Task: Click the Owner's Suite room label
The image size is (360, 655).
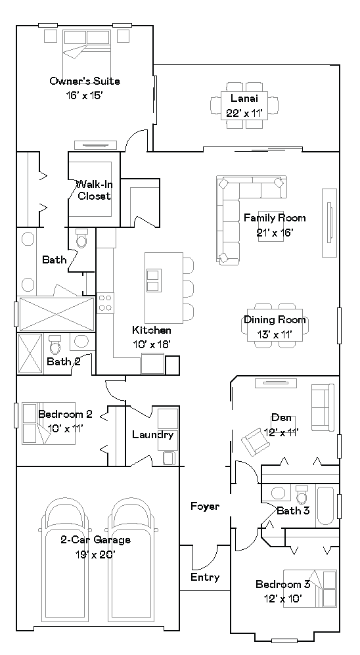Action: [85, 81]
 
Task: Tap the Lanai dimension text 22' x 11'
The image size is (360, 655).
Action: [244, 113]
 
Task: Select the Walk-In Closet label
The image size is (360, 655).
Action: [95, 190]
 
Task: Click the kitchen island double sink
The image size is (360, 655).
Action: [154, 281]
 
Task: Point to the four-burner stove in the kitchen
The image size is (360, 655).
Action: [105, 303]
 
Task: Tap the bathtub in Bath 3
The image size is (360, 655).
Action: [325, 505]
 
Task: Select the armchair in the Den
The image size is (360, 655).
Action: [255, 441]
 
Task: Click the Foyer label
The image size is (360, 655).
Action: [205, 507]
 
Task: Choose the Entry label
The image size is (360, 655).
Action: [205, 577]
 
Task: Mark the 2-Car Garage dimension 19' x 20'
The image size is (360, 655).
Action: [95, 554]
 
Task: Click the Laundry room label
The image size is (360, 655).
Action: [153, 435]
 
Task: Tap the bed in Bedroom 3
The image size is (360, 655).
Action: [310, 589]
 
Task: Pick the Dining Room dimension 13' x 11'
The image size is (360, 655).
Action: [275, 334]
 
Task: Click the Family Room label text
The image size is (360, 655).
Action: [275, 217]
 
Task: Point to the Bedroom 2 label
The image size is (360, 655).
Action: [65, 415]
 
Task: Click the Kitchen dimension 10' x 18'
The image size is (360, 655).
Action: [152, 344]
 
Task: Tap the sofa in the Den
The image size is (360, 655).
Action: [323, 408]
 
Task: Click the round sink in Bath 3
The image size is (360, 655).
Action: [278, 493]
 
